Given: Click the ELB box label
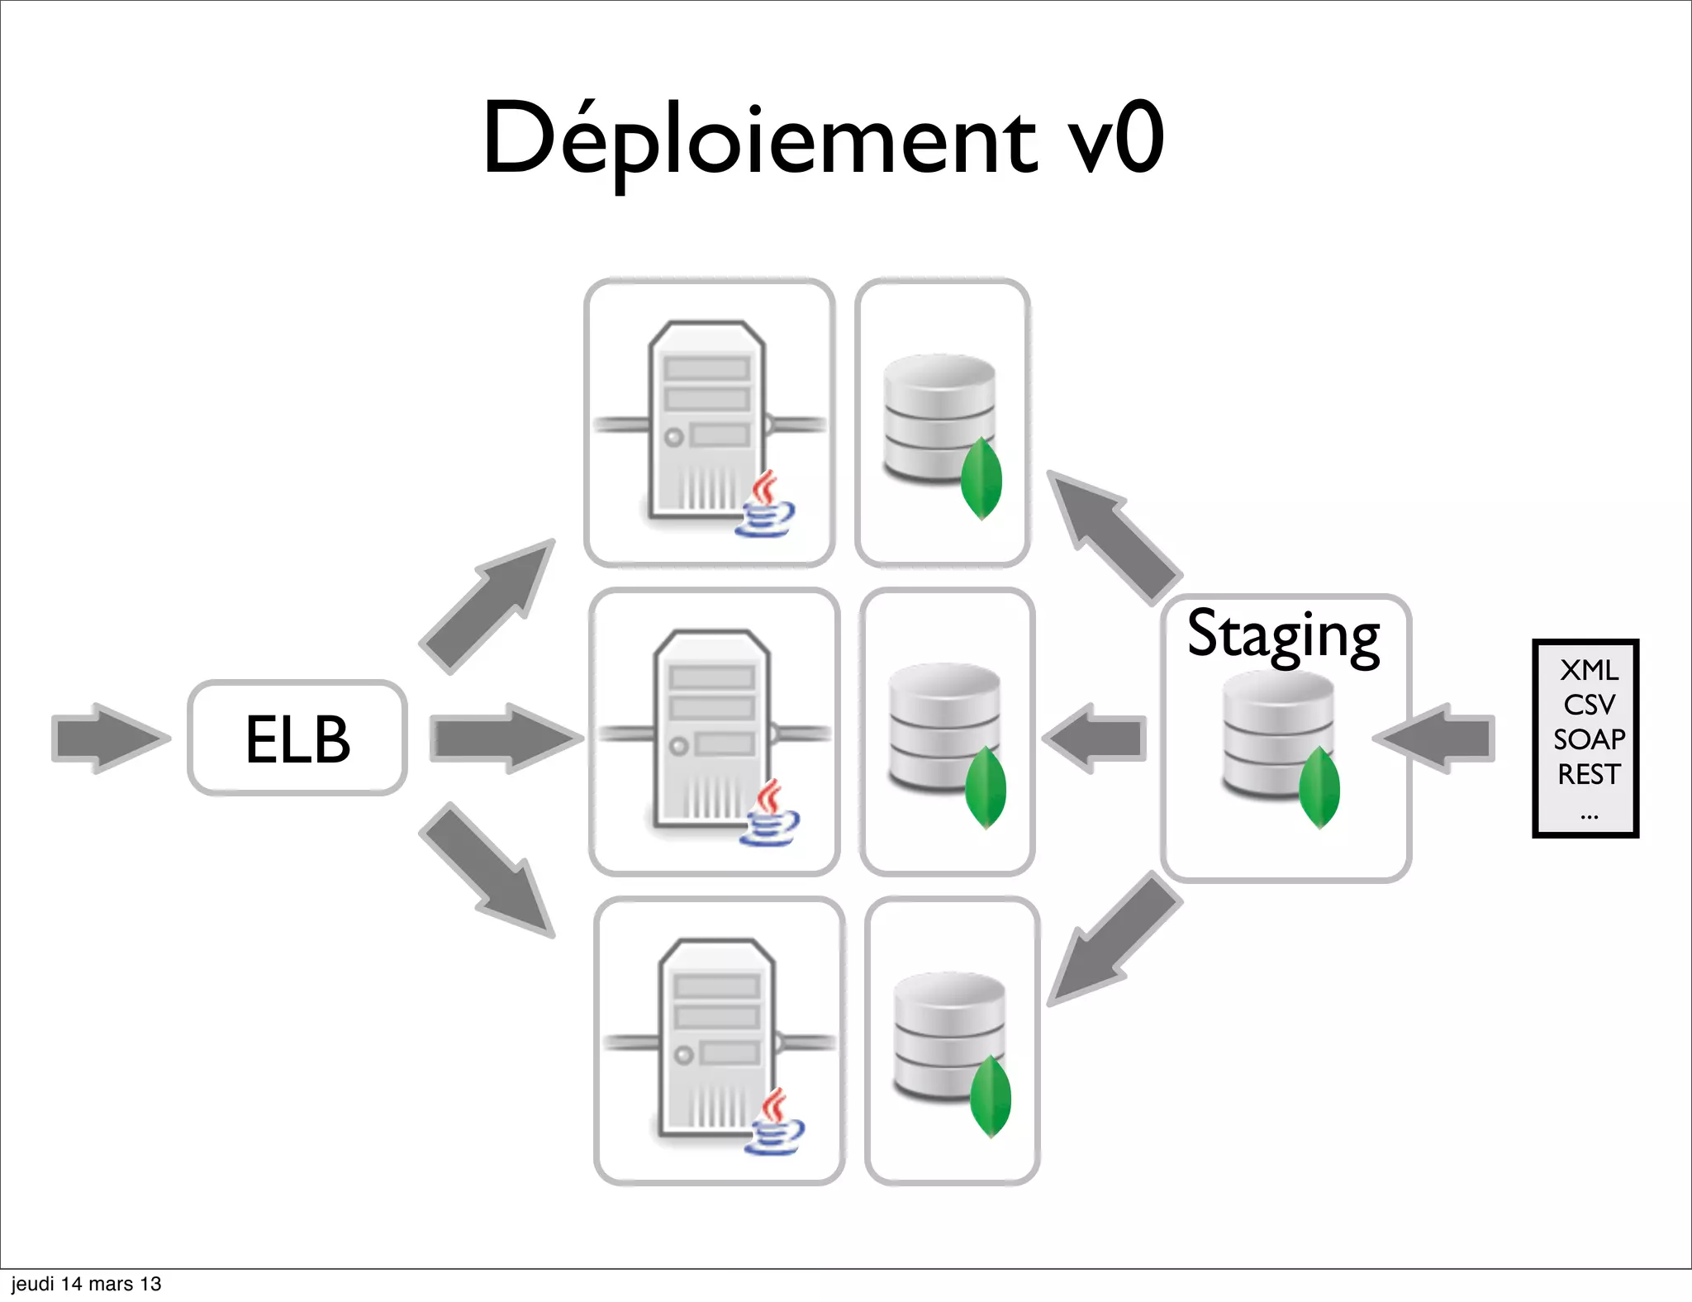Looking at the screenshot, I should tap(297, 739).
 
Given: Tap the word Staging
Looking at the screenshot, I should tap(1283, 634).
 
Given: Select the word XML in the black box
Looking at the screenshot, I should tap(1589, 670).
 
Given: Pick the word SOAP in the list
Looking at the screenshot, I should tap(1589, 739).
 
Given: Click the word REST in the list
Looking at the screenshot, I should tap(1589, 774).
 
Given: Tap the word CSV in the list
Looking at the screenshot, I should tap(1589, 705).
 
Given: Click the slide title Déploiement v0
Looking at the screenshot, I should tap(823, 139).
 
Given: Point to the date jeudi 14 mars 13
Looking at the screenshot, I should tap(86, 1284).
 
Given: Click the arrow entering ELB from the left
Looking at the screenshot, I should tap(107, 738).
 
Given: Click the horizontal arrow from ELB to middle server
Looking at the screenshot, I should tap(504, 738).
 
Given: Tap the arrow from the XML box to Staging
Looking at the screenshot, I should tap(1438, 738).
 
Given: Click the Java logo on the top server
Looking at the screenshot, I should tap(765, 505).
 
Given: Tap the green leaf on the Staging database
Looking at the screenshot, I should tap(1319, 787).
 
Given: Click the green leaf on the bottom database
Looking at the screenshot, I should tap(990, 1096).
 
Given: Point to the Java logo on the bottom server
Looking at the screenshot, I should tap(774, 1123).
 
